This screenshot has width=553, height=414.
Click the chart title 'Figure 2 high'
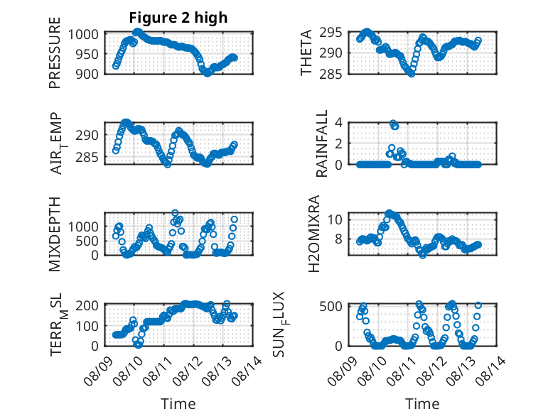[178, 18]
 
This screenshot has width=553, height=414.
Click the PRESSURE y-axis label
[55, 58]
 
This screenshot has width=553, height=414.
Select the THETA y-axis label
[306, 53]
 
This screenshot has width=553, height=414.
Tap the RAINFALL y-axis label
[322, 143]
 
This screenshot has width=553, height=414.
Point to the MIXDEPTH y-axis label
[55, 234]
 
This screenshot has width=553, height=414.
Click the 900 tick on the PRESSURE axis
[90, 73]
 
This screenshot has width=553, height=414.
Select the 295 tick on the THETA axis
[335, 33]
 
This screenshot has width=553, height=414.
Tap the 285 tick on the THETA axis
[335, 73]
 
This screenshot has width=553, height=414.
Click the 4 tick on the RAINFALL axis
[343, 122]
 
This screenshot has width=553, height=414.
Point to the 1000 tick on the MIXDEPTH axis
[86, 226]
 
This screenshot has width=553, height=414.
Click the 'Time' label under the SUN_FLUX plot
[422, 403]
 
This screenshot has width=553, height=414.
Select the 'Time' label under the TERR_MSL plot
[178, 403]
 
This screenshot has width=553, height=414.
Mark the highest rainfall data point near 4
[392, 123]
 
